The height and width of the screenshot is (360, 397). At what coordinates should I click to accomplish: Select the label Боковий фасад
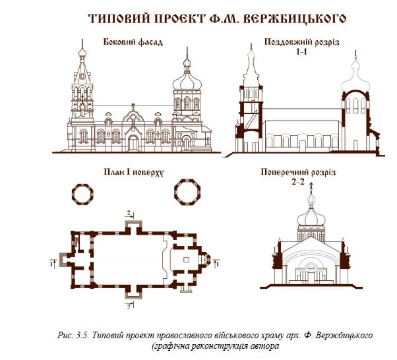point(133,43)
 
